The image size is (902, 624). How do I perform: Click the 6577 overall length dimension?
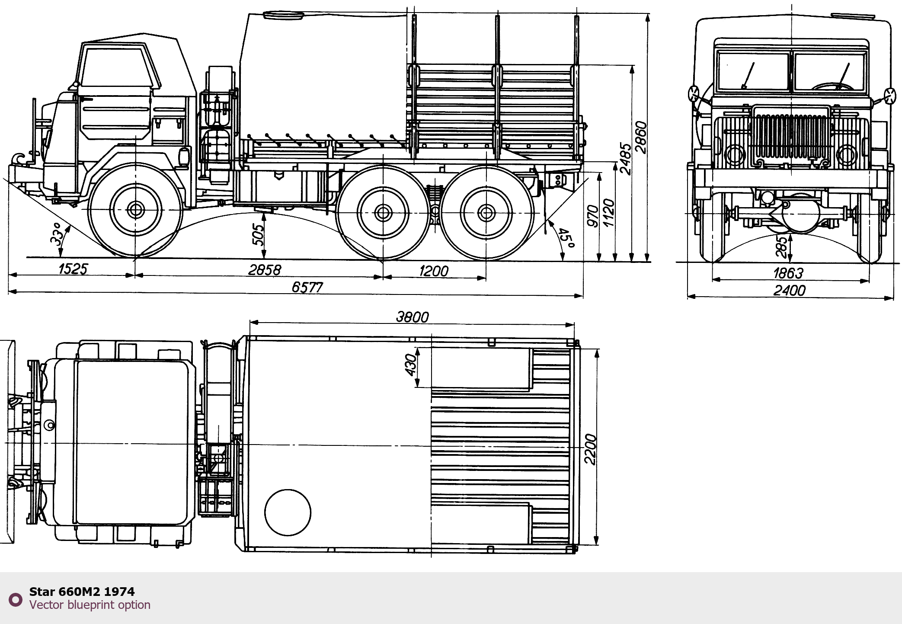click(307, 287)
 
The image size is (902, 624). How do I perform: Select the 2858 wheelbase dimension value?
click(265, 270)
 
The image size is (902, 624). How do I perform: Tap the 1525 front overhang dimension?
click(73, 269)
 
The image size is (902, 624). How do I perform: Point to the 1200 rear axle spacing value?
click(434, 271)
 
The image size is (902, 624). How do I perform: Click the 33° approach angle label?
click(58, 234)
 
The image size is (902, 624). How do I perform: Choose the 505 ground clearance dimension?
click(258, 235)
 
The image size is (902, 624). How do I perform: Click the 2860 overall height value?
click(641, 138)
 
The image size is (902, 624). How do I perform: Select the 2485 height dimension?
click(626, 159)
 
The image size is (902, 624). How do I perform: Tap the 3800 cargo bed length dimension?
click(413, 317)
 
